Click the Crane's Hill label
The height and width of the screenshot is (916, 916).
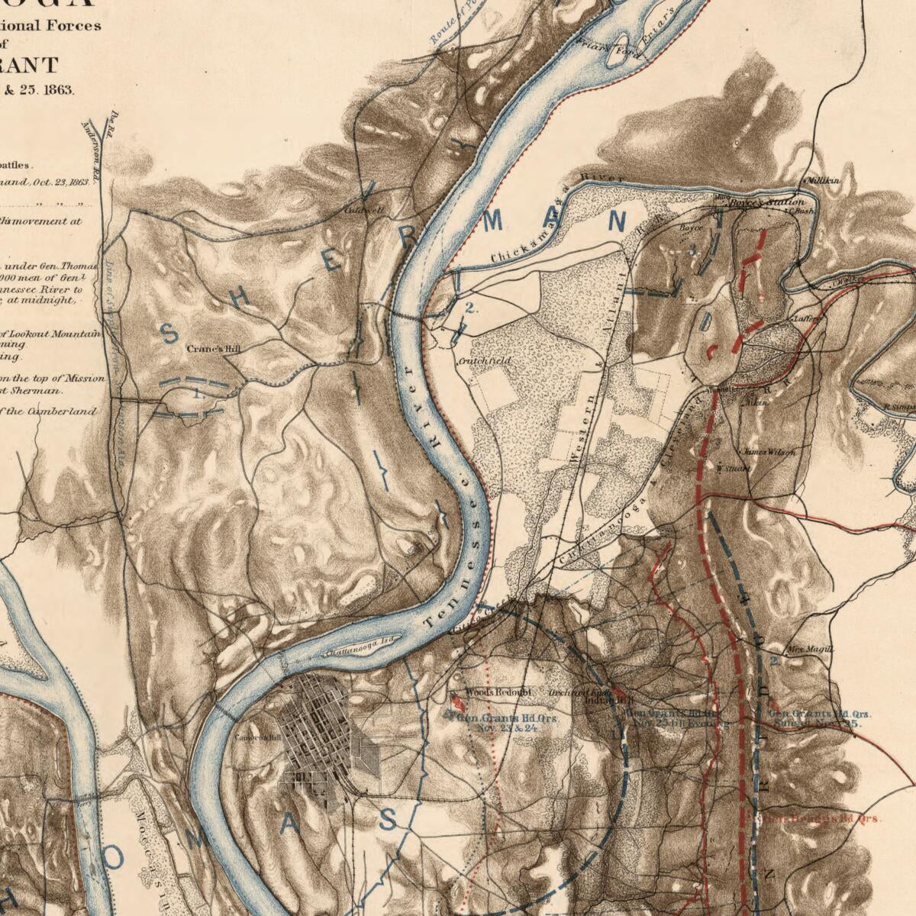pyautogui.click(x=214, y=348)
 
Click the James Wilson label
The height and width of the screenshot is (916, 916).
pyautogui.click(x=769, y=451)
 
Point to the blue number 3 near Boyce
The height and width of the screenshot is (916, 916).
pyautogui.click(x=692, y=249)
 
